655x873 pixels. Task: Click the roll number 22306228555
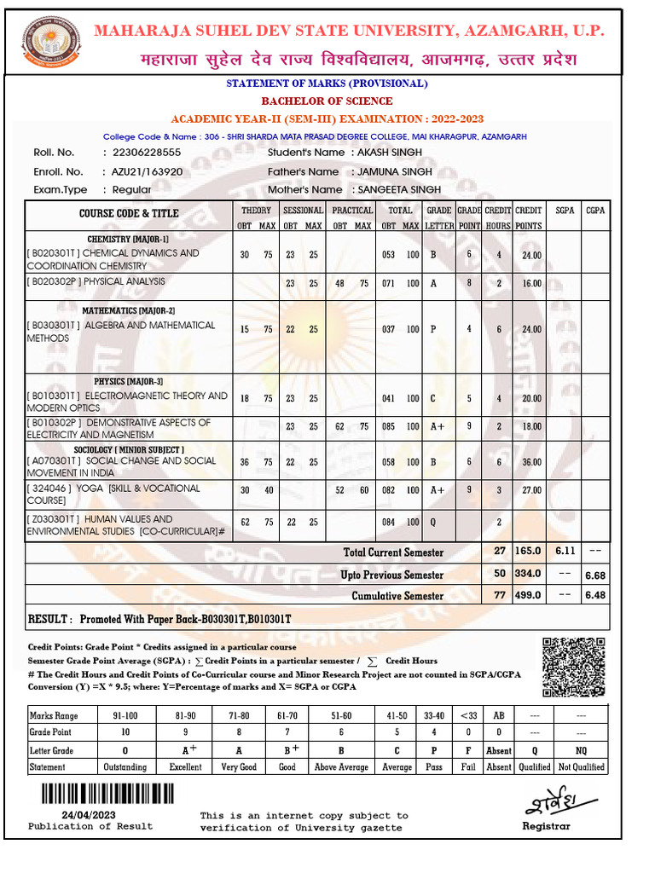[x=142, y=153]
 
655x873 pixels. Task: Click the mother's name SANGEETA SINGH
[x=399, y=189]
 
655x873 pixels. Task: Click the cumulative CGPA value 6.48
[x=594, y=596]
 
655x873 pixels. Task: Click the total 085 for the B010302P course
[x=389, y=427]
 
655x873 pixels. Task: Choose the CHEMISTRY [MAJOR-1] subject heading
[x=128, y=240]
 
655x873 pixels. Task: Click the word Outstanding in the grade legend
[x=125, y=767]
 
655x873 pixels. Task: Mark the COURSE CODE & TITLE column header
[x=129, y=214]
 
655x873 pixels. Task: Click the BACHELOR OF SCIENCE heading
[x=327, y=101]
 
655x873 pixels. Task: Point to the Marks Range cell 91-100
[x=125, y=717]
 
